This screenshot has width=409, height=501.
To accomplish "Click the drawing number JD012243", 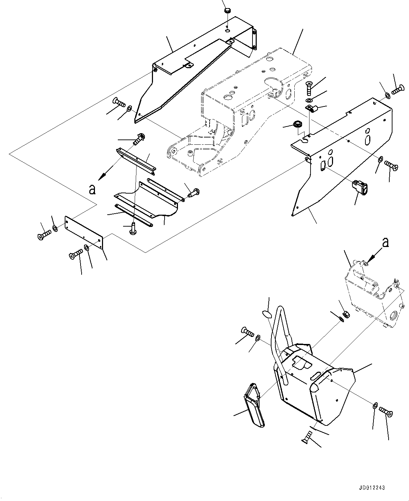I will (x=372, y=488).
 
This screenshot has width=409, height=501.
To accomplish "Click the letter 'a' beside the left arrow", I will (x=92, y=190).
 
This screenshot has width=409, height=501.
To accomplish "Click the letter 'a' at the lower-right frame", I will (x=386, y=242).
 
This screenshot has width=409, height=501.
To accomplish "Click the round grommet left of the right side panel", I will (x=297, y=124).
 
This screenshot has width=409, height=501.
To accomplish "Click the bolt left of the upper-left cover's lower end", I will (x=119, y=103).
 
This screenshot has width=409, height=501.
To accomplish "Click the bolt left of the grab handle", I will (x=247, y=331).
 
